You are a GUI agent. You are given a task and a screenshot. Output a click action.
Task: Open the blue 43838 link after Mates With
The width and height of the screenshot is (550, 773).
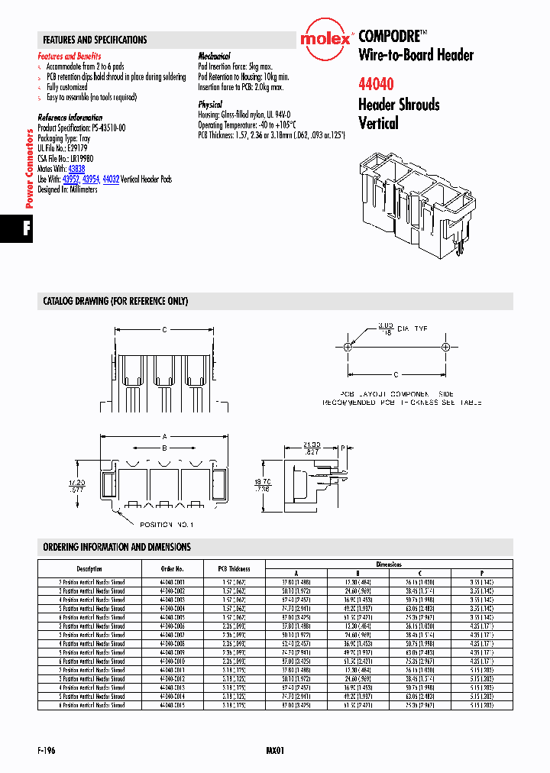76,167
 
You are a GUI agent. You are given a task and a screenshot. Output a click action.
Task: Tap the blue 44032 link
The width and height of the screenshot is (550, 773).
111,178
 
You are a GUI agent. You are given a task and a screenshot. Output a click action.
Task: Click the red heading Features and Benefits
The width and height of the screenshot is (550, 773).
70,57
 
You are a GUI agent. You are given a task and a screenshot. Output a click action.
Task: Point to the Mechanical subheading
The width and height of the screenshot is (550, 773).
214,57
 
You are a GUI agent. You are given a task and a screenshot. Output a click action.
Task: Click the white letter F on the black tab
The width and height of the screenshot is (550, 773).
27,230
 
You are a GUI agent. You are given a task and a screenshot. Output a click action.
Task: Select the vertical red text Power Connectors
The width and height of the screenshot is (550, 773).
30,169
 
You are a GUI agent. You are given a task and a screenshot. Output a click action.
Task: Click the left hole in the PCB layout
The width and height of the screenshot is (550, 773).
348,348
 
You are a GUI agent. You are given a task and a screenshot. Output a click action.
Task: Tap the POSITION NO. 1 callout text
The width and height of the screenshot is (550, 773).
166,525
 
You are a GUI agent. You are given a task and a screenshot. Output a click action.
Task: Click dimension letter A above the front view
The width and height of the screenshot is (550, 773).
163,437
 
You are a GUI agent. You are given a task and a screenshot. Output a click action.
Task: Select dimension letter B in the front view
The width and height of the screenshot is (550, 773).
163,448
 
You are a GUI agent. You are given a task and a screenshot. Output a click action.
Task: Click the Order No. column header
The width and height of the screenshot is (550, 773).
173,569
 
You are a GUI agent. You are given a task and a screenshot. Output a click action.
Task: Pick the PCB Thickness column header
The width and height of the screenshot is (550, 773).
234,569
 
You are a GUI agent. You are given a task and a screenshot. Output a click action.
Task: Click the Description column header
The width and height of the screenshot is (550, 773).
89,569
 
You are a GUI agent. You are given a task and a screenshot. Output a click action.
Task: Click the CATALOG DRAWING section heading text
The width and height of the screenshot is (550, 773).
115,302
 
